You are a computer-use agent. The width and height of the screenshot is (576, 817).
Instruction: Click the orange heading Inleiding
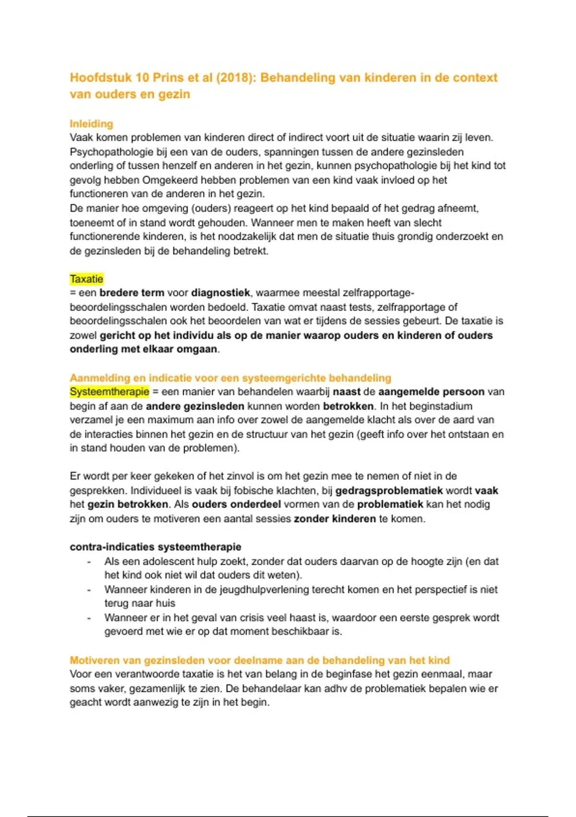point(91,124)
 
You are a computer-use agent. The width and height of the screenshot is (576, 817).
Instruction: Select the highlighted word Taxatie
point(86,279)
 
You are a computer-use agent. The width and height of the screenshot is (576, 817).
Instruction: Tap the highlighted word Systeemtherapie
point(109,392)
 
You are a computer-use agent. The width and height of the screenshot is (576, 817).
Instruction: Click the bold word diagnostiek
point(220,293)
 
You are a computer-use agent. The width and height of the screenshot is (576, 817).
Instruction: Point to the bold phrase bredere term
point(132,293)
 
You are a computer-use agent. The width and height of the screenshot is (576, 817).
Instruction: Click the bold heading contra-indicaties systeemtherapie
point(155,547)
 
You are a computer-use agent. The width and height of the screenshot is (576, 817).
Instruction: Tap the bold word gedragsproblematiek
point(389,491)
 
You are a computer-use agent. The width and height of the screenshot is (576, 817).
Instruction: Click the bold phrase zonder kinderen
point(335,519)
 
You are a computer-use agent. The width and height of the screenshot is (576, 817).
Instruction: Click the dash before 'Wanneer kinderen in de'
point(89,590)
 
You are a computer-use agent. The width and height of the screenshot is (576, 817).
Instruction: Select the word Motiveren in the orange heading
point(94,660)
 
